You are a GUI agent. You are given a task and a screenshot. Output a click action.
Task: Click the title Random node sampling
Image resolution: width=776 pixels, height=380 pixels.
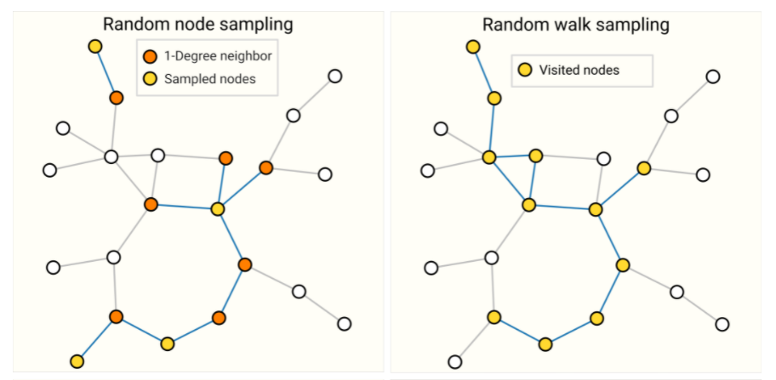coord(197,25)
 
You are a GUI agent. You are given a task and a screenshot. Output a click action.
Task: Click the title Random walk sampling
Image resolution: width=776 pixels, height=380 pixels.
coord(575,25)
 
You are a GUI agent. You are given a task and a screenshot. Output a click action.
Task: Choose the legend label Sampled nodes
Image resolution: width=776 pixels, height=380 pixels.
coord(209,80)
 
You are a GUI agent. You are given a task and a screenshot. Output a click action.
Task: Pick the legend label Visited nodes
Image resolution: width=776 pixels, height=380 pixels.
coord(579,70)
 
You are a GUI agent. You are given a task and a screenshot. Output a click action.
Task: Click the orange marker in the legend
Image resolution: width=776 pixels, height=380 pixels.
coord(150,57)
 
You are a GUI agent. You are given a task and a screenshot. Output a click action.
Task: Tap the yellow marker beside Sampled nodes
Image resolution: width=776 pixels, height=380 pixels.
coord(150,80)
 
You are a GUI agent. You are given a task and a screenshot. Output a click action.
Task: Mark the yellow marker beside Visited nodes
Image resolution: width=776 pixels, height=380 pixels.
coord(525,70)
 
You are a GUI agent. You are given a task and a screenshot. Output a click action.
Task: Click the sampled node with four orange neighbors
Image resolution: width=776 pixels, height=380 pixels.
coord(218,208)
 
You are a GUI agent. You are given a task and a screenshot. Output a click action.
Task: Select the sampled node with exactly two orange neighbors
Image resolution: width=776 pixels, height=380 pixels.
coord(168,343)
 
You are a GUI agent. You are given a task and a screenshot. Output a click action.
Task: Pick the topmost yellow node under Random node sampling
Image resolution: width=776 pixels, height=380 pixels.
coord(95,46)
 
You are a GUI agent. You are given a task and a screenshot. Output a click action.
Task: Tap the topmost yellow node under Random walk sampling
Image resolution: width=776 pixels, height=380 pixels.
coord(473,46)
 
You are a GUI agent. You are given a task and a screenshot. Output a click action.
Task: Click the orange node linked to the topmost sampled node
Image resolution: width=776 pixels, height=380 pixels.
coord(117,98)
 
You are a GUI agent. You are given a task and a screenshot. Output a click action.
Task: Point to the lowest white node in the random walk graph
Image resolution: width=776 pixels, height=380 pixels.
coord(455,361)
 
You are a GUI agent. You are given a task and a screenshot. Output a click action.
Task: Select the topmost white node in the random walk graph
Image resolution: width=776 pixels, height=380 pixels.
coord(713,77)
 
